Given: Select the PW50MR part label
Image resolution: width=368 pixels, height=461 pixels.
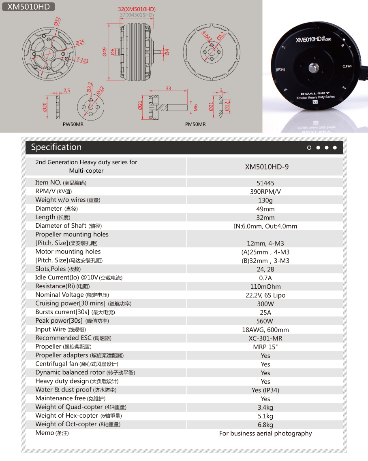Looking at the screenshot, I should click(73, 124).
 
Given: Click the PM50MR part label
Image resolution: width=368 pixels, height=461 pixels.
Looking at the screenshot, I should click(195, 124).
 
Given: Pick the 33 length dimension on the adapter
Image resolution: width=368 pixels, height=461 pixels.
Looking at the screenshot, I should click(168, 89).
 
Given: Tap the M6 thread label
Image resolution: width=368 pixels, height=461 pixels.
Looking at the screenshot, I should click(195, 108).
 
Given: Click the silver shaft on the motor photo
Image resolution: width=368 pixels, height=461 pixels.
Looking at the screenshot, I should click(314, 67).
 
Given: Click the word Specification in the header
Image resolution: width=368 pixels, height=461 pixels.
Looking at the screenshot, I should click(56, 147).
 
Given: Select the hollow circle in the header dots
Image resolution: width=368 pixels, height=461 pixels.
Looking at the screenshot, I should click(309, 148).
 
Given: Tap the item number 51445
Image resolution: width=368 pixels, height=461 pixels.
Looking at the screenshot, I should click(265, 183).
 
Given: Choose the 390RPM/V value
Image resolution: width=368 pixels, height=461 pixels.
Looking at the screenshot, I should click(265, 192).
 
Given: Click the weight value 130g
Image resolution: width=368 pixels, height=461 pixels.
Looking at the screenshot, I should click(265, 200).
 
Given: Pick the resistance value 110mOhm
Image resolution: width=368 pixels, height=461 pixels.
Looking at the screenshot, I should click(265, 286).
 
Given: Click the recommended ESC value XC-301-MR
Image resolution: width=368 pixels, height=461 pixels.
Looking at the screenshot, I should click(265, 338).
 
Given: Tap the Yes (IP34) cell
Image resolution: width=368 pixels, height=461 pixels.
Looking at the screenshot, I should click(265, 390).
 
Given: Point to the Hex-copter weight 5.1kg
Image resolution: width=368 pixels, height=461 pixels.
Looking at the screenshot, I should click(265, 416).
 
